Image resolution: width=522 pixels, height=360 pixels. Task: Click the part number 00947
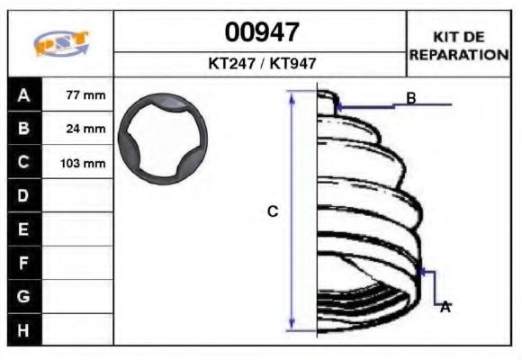[261, 32]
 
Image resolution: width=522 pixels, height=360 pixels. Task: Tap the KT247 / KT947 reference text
[261, 64]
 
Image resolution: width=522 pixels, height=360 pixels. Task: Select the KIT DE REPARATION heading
[459, 45]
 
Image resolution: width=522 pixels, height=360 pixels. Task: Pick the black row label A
[23, 95]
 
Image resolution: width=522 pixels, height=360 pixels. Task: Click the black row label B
[23, 129]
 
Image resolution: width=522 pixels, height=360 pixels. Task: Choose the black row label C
[23, 163]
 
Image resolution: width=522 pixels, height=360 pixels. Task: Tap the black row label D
[23, 195]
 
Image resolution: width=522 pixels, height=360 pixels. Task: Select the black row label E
[23, 229]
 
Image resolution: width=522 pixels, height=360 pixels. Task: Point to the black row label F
[23, 263]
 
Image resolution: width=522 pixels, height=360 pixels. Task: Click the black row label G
[23, 296]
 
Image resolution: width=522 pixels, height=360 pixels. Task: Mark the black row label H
[23, 329]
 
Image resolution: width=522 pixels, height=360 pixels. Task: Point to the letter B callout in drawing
[410, 98]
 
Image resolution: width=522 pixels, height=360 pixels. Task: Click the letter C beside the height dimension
[273, 211]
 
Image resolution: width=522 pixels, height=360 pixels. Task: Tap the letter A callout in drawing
[445, 307]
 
